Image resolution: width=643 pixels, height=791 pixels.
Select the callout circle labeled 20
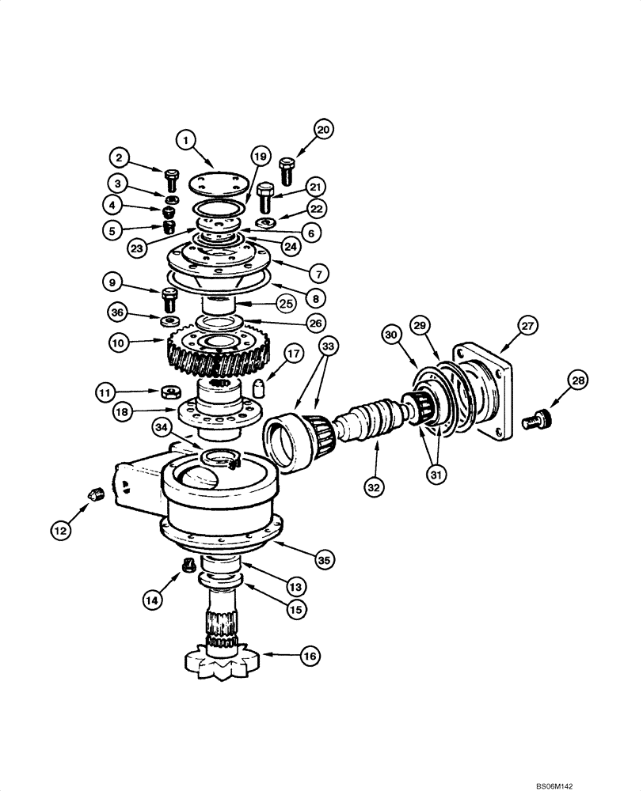tap(322, 130)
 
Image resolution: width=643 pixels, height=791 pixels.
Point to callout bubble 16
tap(309, 656)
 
